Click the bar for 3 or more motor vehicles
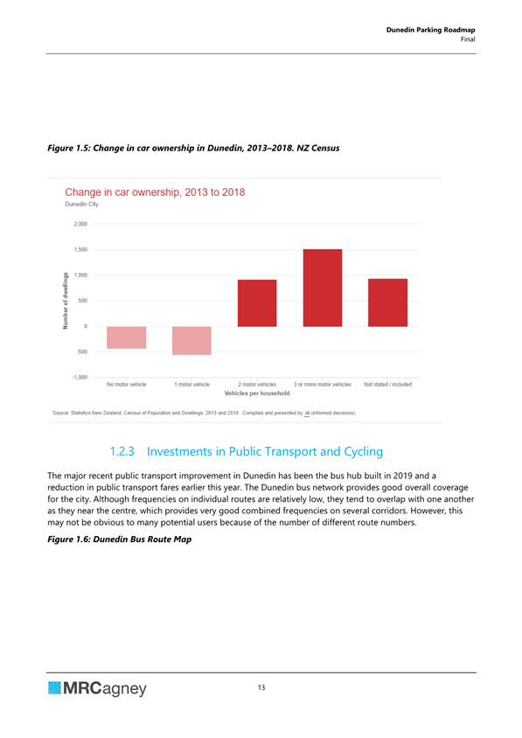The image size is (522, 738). click(x=323, y=288)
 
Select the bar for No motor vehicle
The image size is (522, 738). click(x=127, y=338)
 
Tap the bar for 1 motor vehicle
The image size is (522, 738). click(x=191, y=340)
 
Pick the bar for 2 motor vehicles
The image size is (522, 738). click(x=257, y=303)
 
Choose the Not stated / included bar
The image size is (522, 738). click(x=388, y=303)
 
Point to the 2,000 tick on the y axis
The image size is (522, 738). click(x=80, y=224)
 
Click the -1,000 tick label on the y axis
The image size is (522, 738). click(x=80, y=378)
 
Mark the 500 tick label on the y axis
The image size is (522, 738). click(x=83, y=301)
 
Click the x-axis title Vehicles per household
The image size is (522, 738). click(x=257, y=393)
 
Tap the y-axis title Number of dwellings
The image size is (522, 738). click(x=66, y=301)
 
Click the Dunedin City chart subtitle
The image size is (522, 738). click(x=82, y=205)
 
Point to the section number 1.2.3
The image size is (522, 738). click(x=122, y=451)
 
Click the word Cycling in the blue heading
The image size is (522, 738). click(x=364, y=452)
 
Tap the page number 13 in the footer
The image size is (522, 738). click(x=261, y=687)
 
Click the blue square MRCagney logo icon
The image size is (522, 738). click(x=54, y=688)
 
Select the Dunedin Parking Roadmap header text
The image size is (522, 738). click(x=431, y=30)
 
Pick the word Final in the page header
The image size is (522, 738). click(x=468, y=39)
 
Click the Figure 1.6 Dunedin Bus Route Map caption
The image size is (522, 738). click(x=120, y=540)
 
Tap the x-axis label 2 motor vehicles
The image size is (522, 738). click(x=257, y=385)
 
